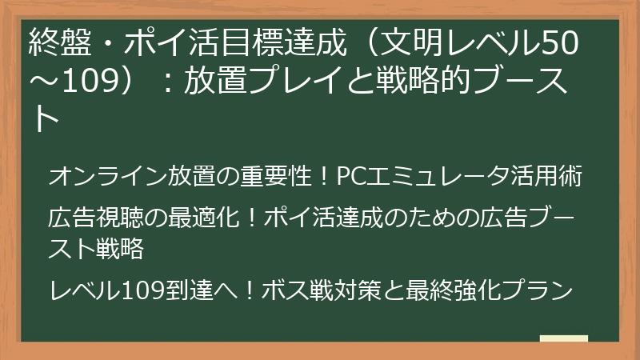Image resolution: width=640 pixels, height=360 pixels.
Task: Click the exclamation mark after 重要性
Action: (x=322, y=177)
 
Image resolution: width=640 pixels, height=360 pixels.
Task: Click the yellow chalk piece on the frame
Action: (x=564, y=340)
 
